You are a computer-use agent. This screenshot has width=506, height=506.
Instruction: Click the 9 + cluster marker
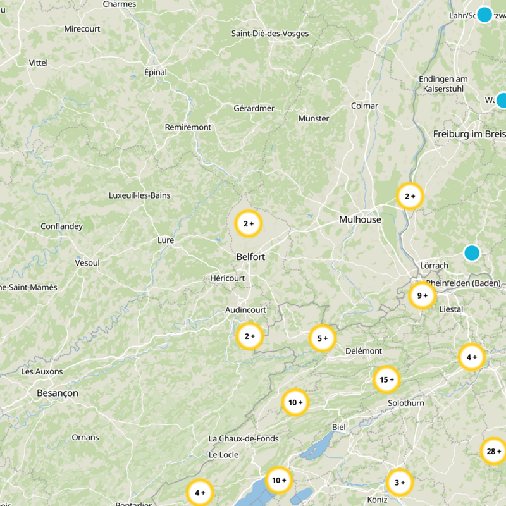(422, 295)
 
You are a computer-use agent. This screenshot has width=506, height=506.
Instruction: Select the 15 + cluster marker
(386, 379)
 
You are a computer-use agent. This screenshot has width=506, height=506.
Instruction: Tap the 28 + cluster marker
(494, 452)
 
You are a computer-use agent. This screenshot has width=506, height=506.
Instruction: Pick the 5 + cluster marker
(322, 338)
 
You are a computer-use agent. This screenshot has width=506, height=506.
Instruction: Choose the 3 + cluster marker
(399, 483)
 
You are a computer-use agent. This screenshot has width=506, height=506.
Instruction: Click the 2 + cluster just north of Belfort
(249, 223)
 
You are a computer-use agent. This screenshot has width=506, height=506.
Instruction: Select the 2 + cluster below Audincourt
(249, 336)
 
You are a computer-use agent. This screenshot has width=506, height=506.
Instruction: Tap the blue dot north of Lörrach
(472, 253)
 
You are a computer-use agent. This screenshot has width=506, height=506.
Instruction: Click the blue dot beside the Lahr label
(484, 15)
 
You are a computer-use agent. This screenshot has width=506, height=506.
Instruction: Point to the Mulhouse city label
(360, 219)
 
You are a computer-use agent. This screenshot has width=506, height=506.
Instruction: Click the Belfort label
(250, 257)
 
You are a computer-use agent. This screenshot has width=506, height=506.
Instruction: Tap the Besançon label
(58, 393)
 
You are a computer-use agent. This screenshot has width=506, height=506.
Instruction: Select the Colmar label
(364, 106)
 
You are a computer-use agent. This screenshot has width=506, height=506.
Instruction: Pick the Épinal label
(156, 72)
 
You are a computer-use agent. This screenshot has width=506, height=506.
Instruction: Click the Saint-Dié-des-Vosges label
(269, 34)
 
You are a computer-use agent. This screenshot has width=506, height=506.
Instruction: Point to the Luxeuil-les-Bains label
(140, 195)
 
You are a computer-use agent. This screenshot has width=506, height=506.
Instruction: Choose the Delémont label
(364, 351)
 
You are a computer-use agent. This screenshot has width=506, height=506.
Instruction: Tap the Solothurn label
(406, 403)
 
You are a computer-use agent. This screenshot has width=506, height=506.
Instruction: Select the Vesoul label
(87, 262)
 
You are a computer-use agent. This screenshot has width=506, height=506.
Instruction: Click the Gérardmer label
(254, 108)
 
